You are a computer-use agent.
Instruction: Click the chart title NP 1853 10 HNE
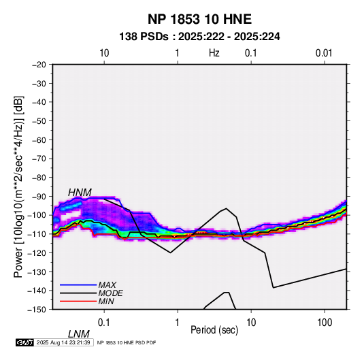(x=199, y=19)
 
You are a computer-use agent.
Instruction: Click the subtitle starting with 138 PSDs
(x=199, y=37)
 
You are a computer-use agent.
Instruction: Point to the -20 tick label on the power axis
(x=39, y=65)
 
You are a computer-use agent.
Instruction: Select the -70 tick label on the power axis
(x=39, y=159)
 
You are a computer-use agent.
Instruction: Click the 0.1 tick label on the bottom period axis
(x=104, y=323)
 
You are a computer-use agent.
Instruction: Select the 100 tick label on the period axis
(x=325, y=323)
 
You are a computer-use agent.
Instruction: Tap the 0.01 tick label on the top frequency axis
(x=324, y=53)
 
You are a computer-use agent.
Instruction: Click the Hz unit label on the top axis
(x=214, y=53)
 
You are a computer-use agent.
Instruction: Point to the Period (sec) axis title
(x=214, y=330)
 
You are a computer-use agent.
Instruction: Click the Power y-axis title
(x=18, y=187)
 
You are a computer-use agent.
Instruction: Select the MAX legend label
(x=107, y=285)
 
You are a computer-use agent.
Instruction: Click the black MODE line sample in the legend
(x=78, y=293)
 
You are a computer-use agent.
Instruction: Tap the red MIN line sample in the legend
(x=78, y=301)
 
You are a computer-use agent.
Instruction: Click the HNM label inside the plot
(x=80, y=193)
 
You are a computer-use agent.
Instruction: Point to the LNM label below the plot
(x=78, y=334)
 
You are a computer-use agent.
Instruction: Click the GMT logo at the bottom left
(x=24, y=342)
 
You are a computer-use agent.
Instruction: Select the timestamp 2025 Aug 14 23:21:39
(x=63, y=342)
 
